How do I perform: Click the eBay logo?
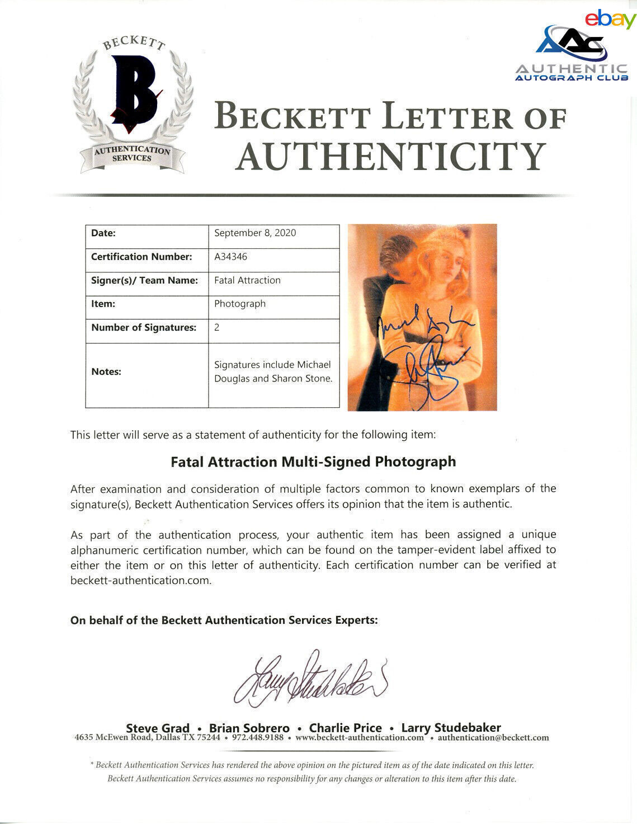pyautogui.click(x=610, y=19)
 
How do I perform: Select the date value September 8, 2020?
pyautogui.click(x=255, y=233)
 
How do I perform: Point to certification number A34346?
pyautogui.click(x=230, y=257)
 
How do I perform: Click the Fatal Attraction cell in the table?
pyautogui.click(x=247, y=280)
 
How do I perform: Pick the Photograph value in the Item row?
pyautogui.click(x=240, y=304)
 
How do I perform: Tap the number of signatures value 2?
pyautogui.click(x=217, y=327)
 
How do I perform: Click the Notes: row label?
pyautogui.click(x=106, y=371)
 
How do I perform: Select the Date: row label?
pyautogui.click(x=103, y=233)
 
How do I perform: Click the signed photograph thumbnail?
pyautogui.click(x=422, y=317)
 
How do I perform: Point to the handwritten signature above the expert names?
pyautogui.click(x=310, y=679)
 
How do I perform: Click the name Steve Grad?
pyautogui.click(x=158, y=728)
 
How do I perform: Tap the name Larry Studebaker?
pyautogui.click(x=451, y=728)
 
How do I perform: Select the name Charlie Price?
pyautogui.click(x=345, y=728)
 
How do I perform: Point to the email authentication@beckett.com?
pyautogui.click(x=493, y=738)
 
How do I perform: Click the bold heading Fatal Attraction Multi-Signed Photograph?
pyautogui.click(x=313, y=462)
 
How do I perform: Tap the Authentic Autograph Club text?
pyautogui.click(x=572, y=73)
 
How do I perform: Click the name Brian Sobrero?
pyautogui.click(x=249, y=728)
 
